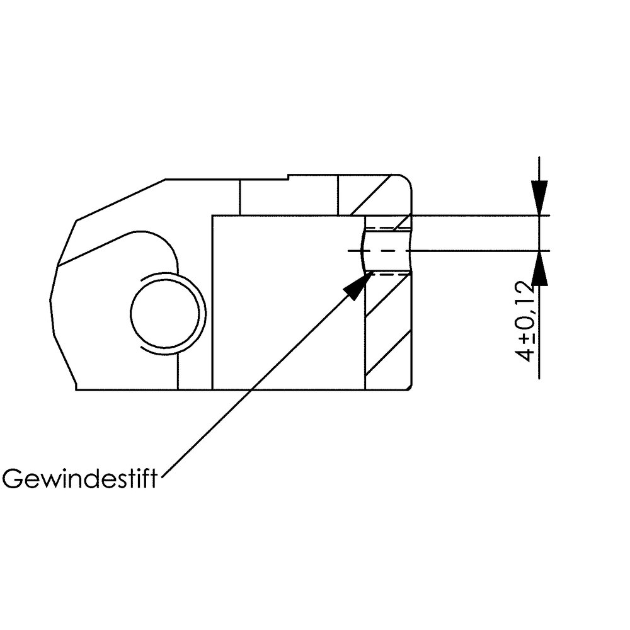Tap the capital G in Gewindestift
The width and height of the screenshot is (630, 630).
click(x=11, y=479)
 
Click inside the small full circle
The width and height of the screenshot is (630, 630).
click(x=164, y=312)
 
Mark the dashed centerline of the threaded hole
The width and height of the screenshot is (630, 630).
click(x=379, y=251)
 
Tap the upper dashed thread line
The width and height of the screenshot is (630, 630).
click(x=389, y=228)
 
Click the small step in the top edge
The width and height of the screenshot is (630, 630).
click(x=288, y=177)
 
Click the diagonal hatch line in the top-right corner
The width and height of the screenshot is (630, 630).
click(x=371, y=195)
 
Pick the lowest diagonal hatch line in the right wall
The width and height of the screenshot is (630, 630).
click(x=388, y=353)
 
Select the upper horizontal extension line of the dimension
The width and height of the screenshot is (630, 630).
click(x=481, y=215)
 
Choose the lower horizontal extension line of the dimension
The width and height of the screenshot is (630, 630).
click(x=481, y=251)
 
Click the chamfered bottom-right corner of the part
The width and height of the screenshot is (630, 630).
click(x=410, y=387)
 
